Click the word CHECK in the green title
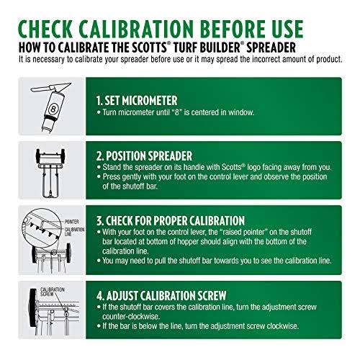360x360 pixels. coord(45,29)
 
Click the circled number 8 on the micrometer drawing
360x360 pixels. coord(53,109)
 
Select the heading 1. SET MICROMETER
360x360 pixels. coord(137,100)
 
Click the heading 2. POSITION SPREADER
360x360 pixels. coord(144,156)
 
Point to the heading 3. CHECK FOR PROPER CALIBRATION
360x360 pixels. coord(171,220)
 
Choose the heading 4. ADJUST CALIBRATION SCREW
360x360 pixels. coord(161,295)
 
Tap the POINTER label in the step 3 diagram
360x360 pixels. coord(71,222)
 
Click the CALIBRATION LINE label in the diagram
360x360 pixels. coord(74,232)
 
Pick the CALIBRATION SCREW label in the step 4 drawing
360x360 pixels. coord(52,292)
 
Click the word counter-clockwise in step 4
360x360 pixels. coord(131,316)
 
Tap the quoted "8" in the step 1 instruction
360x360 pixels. coord(176,112)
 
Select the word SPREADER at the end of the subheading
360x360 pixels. coord(271,48)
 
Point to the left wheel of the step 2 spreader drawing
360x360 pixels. coord(38,156)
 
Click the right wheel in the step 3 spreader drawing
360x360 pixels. coord(68,253)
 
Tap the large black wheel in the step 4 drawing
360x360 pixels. coord(32,307)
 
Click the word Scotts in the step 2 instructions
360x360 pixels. coord(231,167)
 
